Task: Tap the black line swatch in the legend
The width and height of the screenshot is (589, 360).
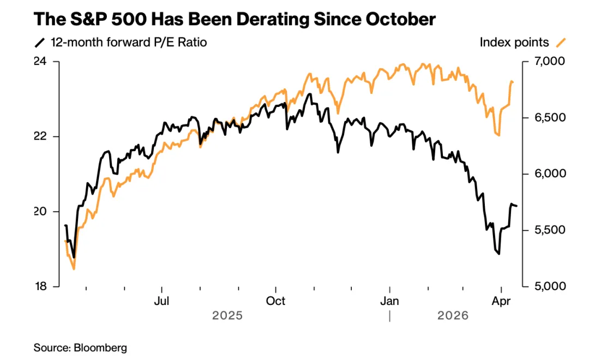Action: click(39, 43)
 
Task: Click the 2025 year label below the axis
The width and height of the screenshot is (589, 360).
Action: click(227, 315)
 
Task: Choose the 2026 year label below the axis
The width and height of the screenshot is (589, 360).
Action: click(453, 315)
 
